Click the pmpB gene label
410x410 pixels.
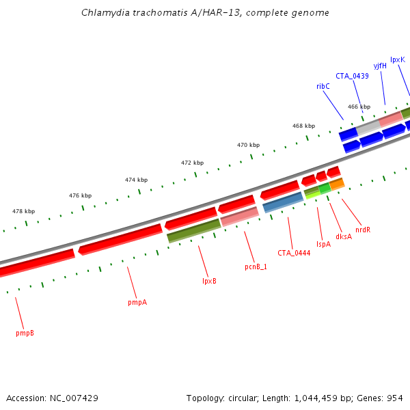(25, 333)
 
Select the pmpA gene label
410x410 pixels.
(137, 302)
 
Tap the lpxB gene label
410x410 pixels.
(209, 281)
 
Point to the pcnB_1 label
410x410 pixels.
(256, 266)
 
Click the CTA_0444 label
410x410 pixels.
(294, 253)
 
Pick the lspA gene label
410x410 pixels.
(323, 244)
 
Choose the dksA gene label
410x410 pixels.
(344, 236)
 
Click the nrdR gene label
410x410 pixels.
(362, 230)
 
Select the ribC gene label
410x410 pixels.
(323, 86)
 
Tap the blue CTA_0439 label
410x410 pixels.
(352, 76)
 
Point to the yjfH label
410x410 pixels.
(380, 66)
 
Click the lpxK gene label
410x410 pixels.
(398, 59)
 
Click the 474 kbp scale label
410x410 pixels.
(136, 180)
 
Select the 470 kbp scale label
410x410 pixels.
(249, 145)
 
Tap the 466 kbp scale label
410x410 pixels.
(359, 107)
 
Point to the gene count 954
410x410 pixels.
(395, 398)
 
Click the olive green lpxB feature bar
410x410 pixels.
(194, 230)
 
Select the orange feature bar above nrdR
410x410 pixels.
(337, 184)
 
